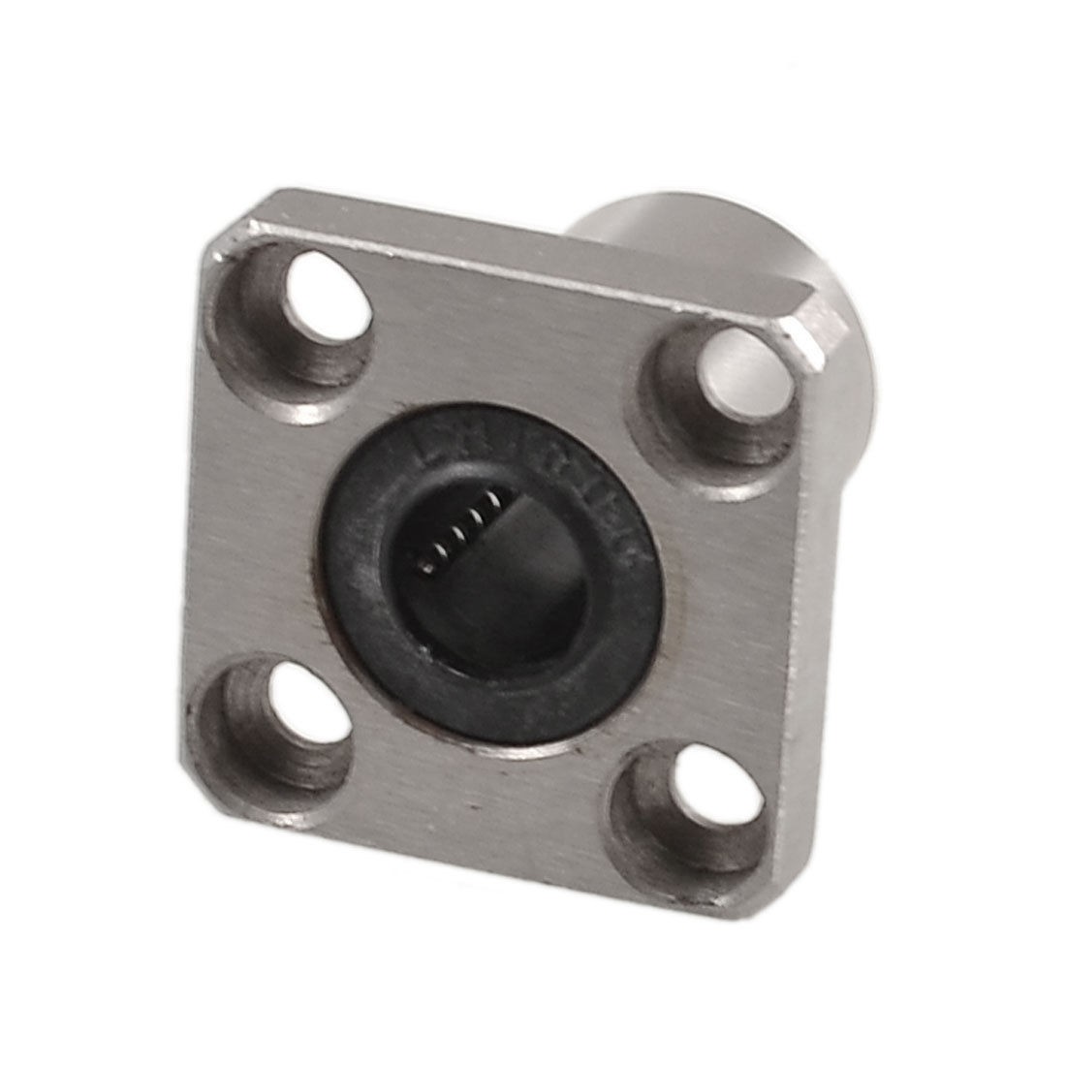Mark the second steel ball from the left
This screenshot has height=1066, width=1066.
pos(440,551)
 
